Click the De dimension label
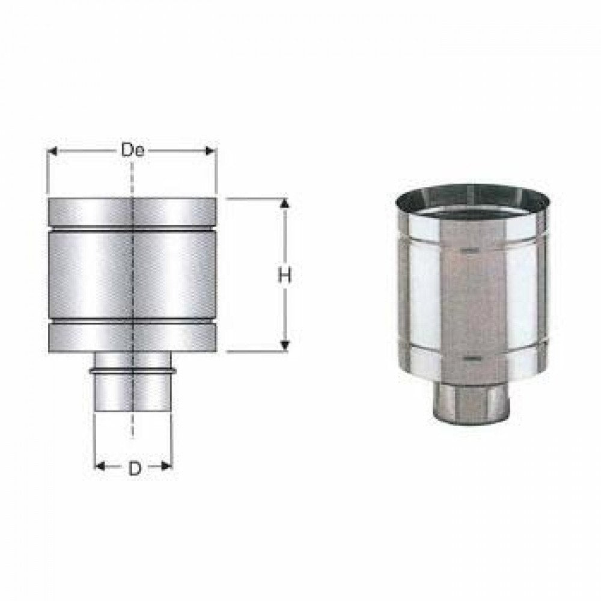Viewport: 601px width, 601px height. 132,150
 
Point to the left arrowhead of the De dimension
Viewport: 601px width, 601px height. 52,151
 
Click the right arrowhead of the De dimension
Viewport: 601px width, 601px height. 211,151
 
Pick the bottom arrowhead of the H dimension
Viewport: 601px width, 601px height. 285,345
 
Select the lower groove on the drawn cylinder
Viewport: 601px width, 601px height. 132,325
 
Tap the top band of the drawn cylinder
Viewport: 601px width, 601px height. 132,212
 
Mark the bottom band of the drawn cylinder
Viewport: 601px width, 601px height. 132,340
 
